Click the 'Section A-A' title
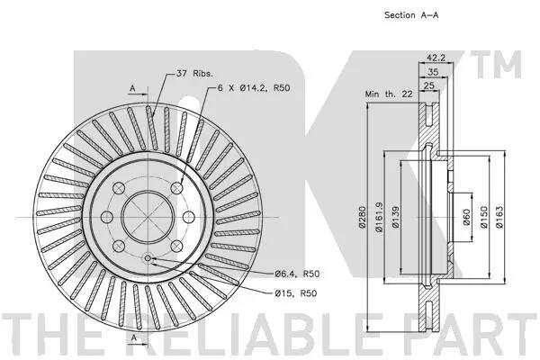[x=411, y=15]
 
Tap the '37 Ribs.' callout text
[x=194, y=74]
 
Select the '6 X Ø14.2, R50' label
[x=254, y=88]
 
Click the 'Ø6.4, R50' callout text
[x=297, y=274]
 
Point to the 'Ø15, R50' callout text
[x=296, y=293]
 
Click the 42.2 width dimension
[x=436, y=58]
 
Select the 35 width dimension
[x=433, y=72]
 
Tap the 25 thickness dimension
[x=428, y=85]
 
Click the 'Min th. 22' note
[x=389, y=94]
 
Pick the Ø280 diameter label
[x=362, y=217]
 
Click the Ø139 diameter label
[x=396, y=217]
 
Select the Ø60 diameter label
[x=466, y=217]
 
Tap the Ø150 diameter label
[x=484, y=217]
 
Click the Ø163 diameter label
[x=499, y=217]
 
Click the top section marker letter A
[x=132, y=88]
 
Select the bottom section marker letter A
[x=134, y=337]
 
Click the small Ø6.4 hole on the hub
[x=148, y=258]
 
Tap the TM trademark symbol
[x=496, y=65]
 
